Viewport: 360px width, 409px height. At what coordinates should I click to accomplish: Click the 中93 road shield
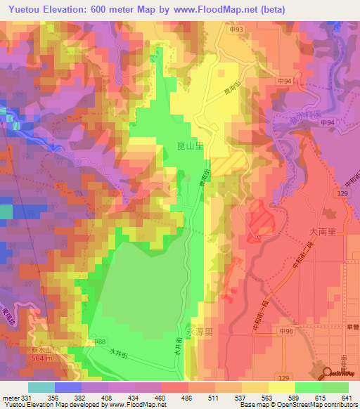(236, 30)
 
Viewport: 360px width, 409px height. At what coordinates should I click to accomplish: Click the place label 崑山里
(190, 146)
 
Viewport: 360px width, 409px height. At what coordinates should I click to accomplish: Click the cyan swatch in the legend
(41, 387)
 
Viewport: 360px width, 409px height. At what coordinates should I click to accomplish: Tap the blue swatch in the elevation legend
(68, 387)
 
